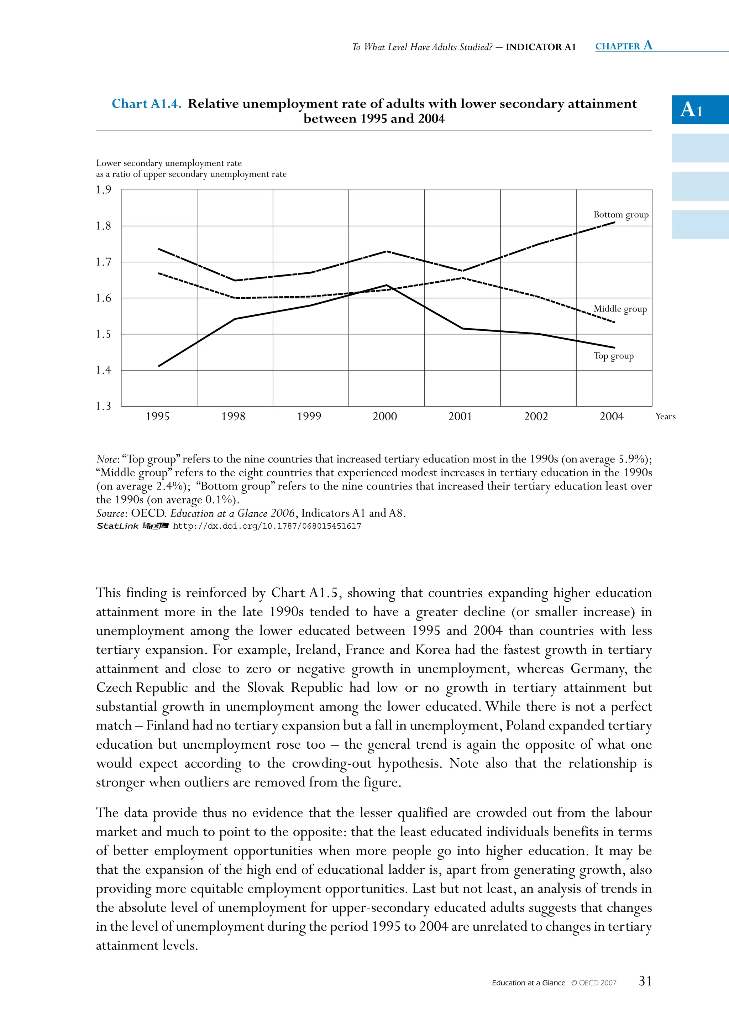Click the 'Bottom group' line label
[621, 215]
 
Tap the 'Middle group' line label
[620, 309]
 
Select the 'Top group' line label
[614, 356]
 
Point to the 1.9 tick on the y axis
[103, 190]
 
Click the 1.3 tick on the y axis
[103, 406]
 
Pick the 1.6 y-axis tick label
[103, 298]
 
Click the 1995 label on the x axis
[157, 417]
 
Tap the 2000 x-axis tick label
[385, 417]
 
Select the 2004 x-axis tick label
[612, 417]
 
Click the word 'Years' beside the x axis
[665, 417]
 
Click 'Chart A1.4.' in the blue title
[147, 104]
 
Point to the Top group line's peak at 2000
[387, 285]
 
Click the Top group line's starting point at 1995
[159, 366]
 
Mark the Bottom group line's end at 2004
[614, 222]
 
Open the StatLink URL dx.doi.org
[267, 526]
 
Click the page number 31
[645, 980]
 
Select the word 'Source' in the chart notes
[111, 513]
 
